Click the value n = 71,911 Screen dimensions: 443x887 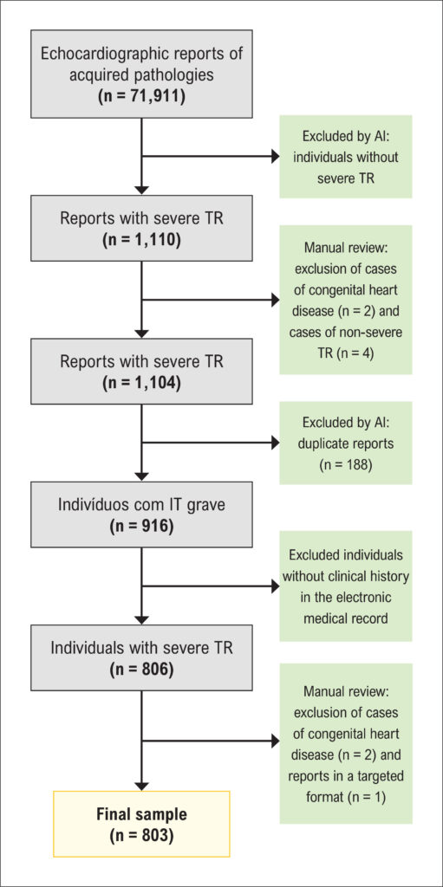pyautogui.click(x=141, y=94)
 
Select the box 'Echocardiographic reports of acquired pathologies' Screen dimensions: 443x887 pyautogui.click(x=141, y=71)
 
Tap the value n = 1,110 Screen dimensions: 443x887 pyautogui.click(x=141, y=239)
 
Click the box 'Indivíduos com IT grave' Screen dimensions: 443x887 pyautogui.click(x=141, y=515)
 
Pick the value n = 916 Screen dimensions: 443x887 pyautogui.click(x=141, y=526)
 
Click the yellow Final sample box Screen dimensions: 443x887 pyautogui.click(x=141, y=824)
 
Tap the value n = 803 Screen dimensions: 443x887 pyautogui.click(x=141, y=834)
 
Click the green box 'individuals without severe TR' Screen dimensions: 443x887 pyautogui.click(x=346, y=157)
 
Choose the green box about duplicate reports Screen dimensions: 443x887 pyautogui.click(x=346, y=443)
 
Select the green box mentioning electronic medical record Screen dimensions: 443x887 pyautogui.click(x=346, y=586)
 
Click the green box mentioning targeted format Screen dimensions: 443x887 pyautogui.click(x=346, y=743)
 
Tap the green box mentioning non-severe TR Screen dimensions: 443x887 pyautogui.click(x=346, y=299)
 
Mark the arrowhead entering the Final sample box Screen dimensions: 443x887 pyautogui.click(x=141, y=785)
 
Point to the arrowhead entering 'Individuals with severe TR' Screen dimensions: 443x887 pyautogui.click(x=141, y=618)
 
